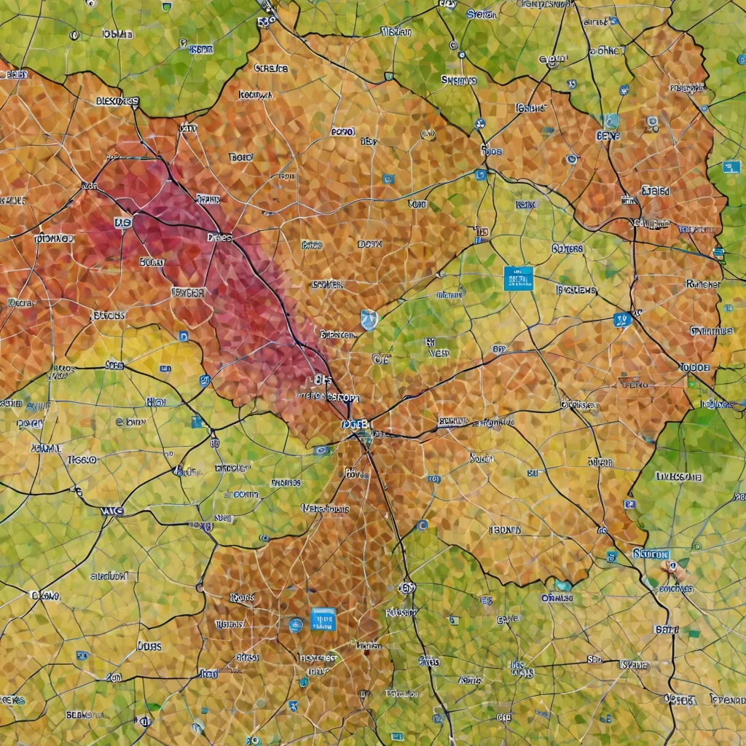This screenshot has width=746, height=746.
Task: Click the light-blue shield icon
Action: tap(369, 319)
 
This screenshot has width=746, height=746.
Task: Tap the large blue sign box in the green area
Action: tap(518, 278)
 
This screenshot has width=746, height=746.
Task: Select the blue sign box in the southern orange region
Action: tap(323, 619)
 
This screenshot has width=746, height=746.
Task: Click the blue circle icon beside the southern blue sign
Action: tap(295, 624)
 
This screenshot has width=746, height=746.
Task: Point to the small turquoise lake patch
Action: tap(562, 585)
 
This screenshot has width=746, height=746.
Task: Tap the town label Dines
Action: tap(219, 237)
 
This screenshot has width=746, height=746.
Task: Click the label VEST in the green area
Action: tap(439, 353)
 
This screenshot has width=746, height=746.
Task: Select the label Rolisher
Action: tap(703, 284)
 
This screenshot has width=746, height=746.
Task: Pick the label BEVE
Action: tap(608, 136)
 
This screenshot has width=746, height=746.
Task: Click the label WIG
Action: tap(111, 511)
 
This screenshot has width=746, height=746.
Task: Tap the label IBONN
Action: tap(505, 530)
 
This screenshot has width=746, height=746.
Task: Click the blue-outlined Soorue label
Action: tap(651, 554)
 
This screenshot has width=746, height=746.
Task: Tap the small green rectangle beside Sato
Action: tap(693, 633)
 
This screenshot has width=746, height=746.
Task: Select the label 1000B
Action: tap(694, 367)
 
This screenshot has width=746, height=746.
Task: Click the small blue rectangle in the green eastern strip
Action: tap(731, 167)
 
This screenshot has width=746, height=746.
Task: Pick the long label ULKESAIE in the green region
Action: tap(679, 476)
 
